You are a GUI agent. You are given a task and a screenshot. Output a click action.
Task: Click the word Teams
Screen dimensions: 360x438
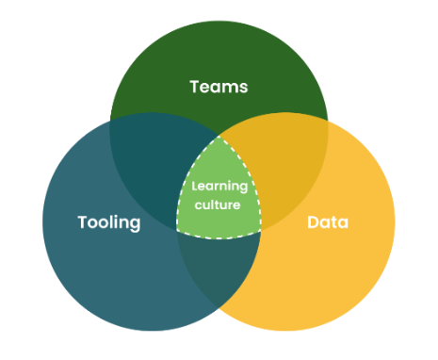point(219,87)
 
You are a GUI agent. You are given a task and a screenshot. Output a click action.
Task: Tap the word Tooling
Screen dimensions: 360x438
point(108,223)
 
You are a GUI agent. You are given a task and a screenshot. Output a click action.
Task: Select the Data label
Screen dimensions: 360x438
point(328,223)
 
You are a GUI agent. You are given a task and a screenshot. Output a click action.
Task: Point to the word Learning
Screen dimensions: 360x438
point(219,186)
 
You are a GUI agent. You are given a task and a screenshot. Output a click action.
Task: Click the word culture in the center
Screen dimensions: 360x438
point(219,204)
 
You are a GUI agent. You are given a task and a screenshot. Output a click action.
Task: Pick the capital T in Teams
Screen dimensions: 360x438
point(194,87)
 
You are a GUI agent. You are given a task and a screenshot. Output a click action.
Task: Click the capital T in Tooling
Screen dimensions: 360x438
point(81,222)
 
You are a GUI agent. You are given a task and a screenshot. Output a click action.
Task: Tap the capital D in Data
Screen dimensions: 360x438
point(313,223)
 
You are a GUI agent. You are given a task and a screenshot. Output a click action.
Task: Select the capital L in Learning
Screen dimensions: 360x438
point(195,186)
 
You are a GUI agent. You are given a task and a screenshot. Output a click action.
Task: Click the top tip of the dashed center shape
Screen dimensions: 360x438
point(219,134)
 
